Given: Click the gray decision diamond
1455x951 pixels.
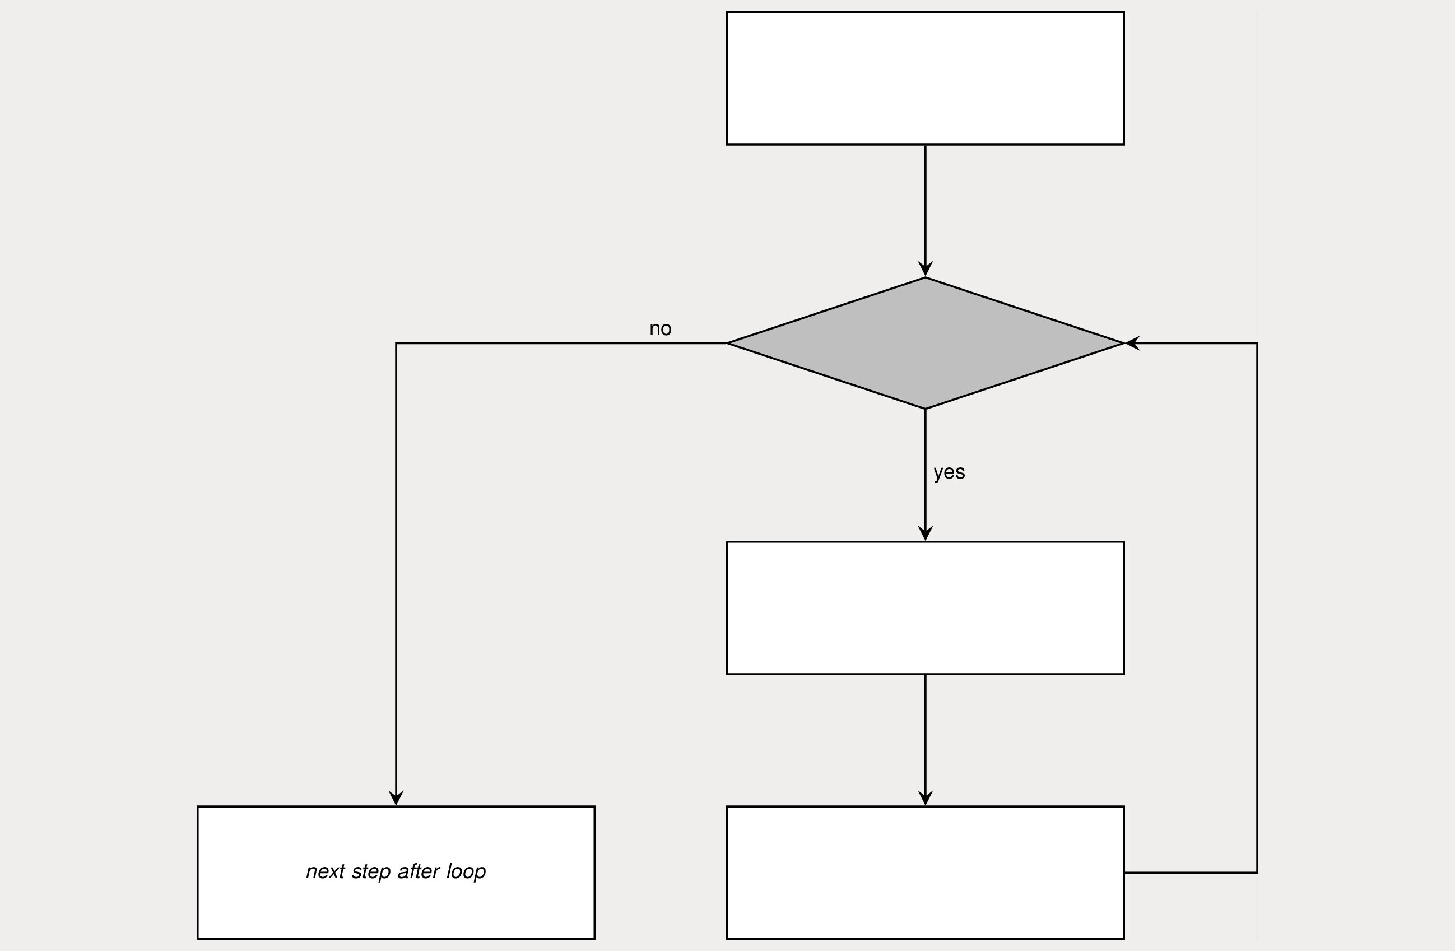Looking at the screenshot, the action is coord(925,343).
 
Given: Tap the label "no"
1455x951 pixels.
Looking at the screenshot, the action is coord(660,329).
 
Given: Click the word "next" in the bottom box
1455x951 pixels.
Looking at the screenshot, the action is coord(326,871).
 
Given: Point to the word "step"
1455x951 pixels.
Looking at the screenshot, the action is coord(371,872).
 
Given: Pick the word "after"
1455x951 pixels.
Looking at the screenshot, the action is coord(418,871).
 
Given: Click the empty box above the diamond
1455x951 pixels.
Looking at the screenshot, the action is coord(925,78).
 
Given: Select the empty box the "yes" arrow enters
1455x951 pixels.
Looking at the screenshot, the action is coord(925,608).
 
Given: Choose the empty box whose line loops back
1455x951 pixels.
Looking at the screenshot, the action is coord(925,872).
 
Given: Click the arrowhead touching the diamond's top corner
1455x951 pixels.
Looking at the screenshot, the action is coord(926,269).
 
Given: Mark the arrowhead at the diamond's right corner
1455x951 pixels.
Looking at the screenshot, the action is coord(1133,343).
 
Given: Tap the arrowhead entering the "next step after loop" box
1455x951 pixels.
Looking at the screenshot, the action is coord(396,798).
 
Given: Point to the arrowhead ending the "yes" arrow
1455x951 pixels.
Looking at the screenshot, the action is coord(926,533).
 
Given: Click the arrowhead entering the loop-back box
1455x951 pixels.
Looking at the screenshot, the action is coord(926,798).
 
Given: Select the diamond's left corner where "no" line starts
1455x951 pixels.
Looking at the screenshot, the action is coord(727,343).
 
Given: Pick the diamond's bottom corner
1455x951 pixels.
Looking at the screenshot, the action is coord(926,409).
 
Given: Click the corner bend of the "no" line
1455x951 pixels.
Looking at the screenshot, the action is coord(396,343).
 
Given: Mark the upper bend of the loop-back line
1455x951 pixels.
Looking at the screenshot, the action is coord(1257,343).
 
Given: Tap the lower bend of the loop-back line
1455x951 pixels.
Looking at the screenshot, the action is coord(1257,872).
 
